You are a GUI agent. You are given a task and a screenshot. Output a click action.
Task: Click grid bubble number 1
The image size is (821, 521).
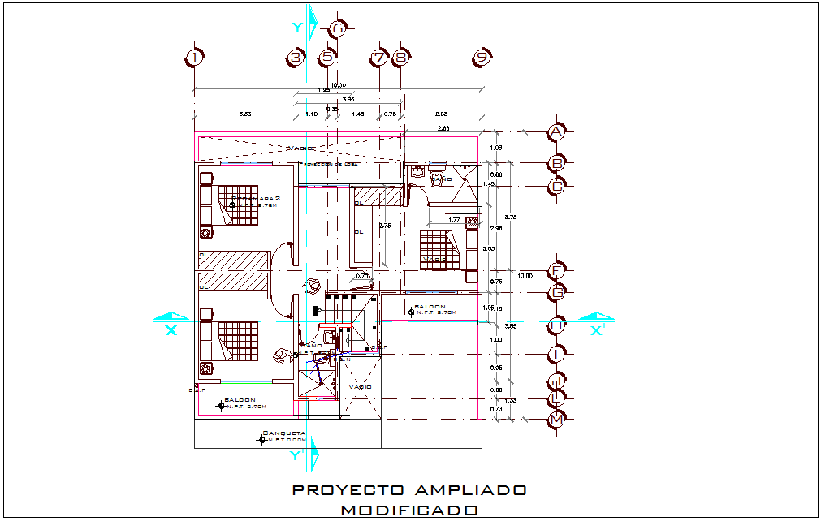point(193,57)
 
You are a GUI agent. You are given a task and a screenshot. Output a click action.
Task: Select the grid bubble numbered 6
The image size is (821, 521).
point(338,29)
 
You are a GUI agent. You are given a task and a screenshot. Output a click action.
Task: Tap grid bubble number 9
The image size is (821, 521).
point(482,57)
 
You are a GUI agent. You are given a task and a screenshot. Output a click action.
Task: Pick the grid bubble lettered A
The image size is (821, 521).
point(556,131)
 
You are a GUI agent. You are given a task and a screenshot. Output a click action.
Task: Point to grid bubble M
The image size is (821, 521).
point(556,419)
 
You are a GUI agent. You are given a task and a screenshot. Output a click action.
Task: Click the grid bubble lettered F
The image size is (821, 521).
point(556,270)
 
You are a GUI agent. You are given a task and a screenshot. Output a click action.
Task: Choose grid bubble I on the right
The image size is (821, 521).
point(556,354)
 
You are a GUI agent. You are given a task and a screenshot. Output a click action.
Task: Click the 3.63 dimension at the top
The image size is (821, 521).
point(244,114)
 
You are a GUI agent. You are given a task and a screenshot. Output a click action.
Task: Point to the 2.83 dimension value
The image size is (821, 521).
point(442,114)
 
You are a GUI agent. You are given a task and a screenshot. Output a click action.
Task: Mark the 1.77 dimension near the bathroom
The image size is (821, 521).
point(454,219)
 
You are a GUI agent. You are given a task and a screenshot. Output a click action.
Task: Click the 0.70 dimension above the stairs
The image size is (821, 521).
point(363,277)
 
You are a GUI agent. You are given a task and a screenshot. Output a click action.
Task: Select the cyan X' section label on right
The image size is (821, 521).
point(598,329)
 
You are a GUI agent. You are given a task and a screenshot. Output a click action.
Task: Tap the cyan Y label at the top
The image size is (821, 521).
point(297,28)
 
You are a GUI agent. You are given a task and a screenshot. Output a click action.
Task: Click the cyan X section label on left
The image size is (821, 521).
point(171,329)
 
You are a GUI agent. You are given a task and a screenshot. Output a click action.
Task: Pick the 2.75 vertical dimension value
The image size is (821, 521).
point(386,226)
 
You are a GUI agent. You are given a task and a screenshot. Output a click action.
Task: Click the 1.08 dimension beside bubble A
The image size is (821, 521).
point(498,147)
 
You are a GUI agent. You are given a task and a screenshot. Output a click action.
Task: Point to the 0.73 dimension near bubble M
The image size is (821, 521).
point(498,410)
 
